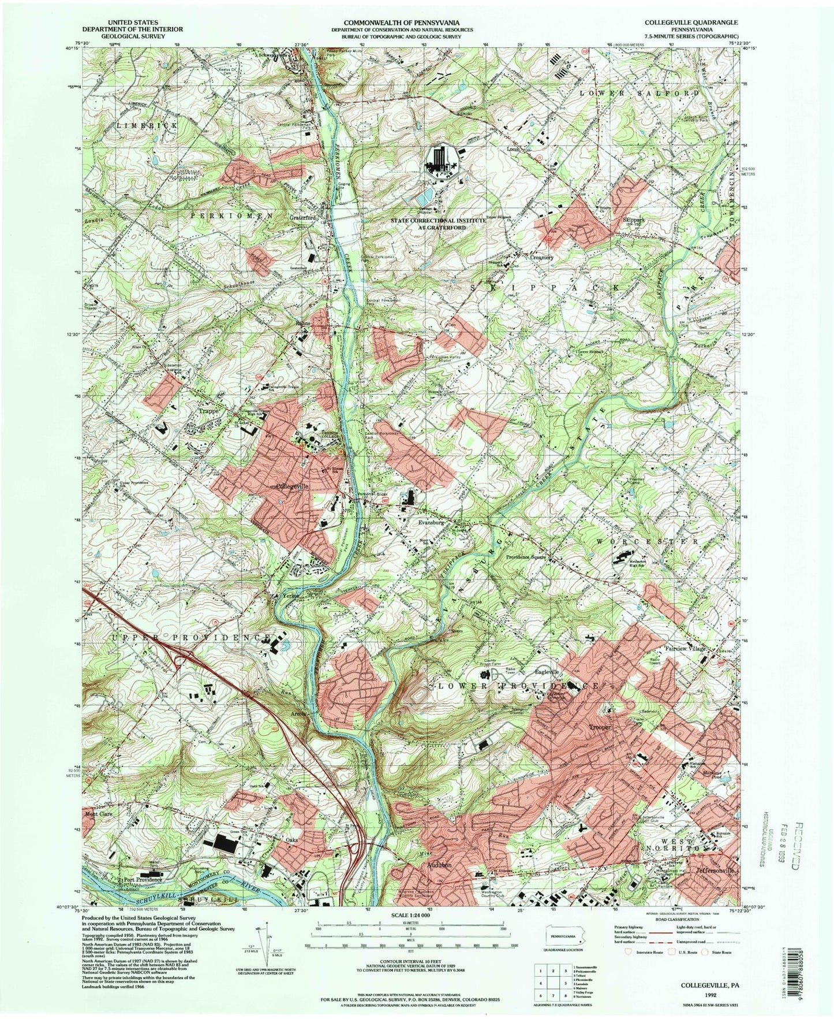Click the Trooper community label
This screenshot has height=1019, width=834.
[600, 726]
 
